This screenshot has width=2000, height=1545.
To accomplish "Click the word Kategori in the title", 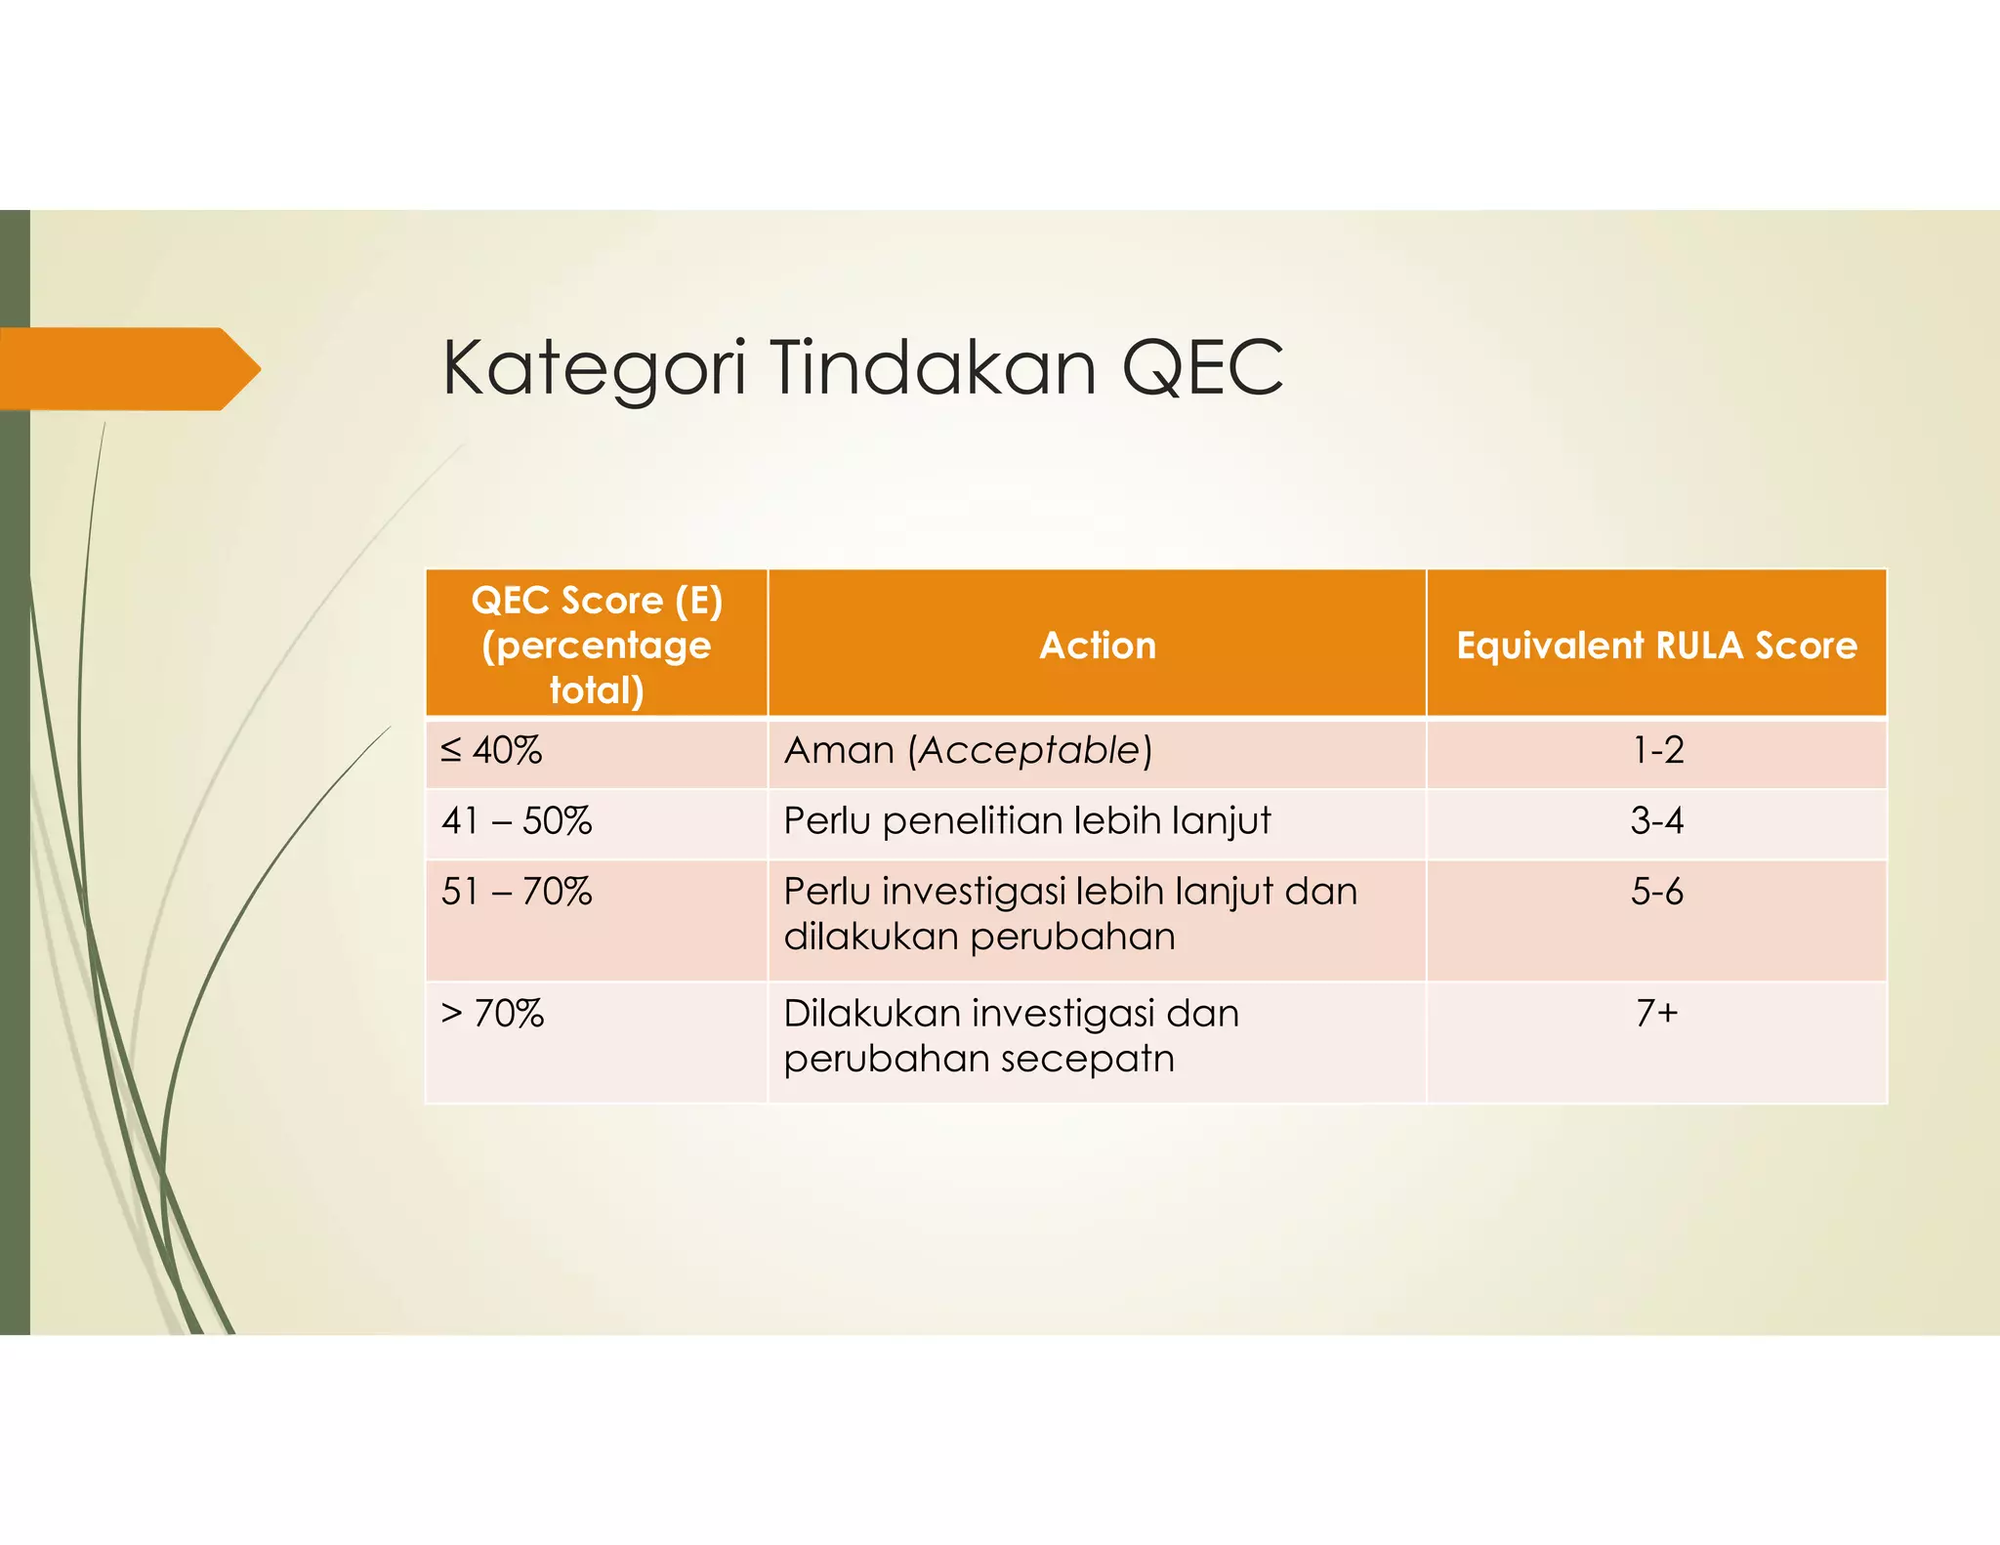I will [x=594, y=368].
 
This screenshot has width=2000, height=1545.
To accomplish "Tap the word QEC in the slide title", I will [x=1202, y=368].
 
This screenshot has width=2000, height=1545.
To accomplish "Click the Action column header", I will [x=1097, y=645].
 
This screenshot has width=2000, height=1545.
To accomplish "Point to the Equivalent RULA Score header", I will [x=1656, y=645].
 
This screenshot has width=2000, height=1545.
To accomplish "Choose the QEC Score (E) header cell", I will [x=597, y=645].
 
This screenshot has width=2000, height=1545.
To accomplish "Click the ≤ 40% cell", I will [x=492, y=750].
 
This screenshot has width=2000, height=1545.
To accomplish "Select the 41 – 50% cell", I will [x=517, y=820].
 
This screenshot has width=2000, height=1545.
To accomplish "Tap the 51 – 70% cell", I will [x=517, y=892].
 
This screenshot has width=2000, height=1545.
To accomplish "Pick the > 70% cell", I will [x=492, y=1014].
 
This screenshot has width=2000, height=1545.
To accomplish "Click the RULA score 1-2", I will [x=1658, y=750].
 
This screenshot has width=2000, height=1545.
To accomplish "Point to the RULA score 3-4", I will [x=1656, y=820].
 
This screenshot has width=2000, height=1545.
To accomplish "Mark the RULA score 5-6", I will [x=1656, y=892].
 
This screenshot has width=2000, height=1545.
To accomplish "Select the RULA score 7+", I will [x=1656, y=1013].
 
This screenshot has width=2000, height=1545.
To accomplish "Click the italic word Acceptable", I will [x=1029, y=750].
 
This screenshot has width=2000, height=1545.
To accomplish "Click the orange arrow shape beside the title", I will [x=127, y=368].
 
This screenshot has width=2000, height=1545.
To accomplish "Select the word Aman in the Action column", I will [x=839, y=750].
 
